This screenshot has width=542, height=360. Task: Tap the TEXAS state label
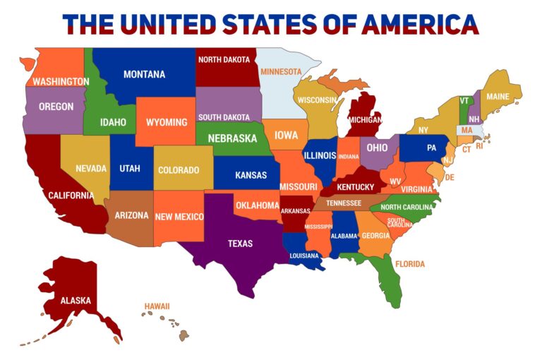[240, 244]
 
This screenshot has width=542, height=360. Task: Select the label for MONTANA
[144, 74]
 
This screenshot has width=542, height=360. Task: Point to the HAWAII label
[157, 306]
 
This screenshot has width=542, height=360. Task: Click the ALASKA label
[76, 300]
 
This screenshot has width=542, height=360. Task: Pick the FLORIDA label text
[410, 264]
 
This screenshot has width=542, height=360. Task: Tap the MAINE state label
[498, 97]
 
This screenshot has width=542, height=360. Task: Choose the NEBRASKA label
[231, 138]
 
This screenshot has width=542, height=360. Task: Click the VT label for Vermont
[464, 101]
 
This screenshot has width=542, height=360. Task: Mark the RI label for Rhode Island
[479, 146]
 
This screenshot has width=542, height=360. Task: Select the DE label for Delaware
[450, 177]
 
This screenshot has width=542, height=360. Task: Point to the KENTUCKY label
[356, 187]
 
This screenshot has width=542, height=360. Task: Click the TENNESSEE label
[344, 203]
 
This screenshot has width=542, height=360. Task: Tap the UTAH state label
[130, 169]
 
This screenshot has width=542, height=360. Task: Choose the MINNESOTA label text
[281, 71]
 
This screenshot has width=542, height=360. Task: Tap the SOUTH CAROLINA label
[396, 222]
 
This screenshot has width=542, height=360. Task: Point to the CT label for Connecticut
[466, 150]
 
